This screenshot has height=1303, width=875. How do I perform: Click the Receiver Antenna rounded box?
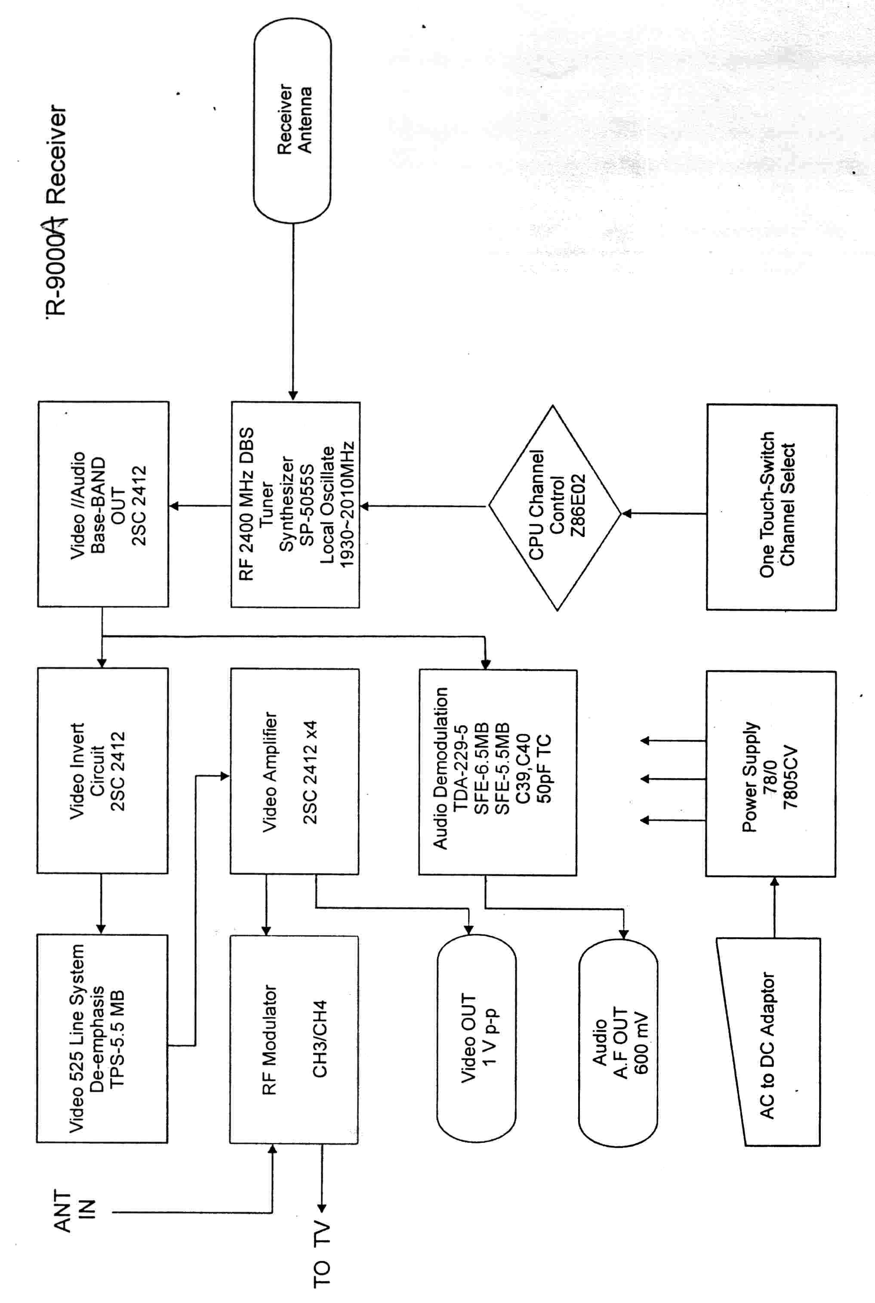[293, 120]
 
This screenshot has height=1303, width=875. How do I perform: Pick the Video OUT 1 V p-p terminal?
[476, 1037]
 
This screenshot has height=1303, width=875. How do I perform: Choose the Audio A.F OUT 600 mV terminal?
[618, 1041]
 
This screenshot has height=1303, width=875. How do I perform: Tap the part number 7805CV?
[791, 777]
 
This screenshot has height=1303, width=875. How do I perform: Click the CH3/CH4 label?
[320, 1038]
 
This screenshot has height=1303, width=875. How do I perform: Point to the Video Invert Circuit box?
[102, 771]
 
